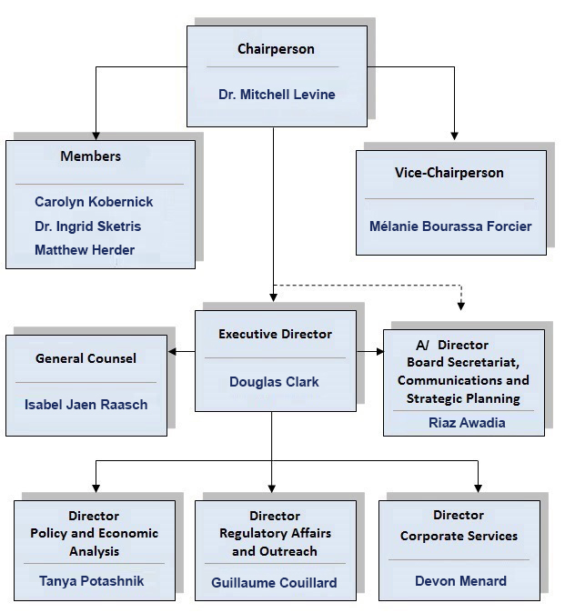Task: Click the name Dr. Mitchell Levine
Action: (x=277, y=95)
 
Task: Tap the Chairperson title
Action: (x=276, y=49)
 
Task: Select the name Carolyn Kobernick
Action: (x=94, y=202)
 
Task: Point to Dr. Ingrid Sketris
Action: (x=87, y=226)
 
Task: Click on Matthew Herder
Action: (x=85, y=250)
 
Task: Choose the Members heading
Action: (x=91, y=156)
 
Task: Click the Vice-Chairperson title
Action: (x=449, y=173)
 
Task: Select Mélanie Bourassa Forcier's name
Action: (x=450, y=226)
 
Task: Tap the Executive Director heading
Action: (x=275, y=334)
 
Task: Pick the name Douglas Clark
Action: (x=274, y=382)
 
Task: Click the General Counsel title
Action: (x=86, y=358)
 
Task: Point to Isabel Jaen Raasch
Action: (x=86, y=404)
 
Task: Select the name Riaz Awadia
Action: (x=467, y=422)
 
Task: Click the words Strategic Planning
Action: (x=463, y=398)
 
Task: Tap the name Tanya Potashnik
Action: (x=91, y=580)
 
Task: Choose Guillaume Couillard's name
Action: (x=274, y=582)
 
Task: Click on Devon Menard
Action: (x=460, y=580)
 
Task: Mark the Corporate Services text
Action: (x=459, y=536)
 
